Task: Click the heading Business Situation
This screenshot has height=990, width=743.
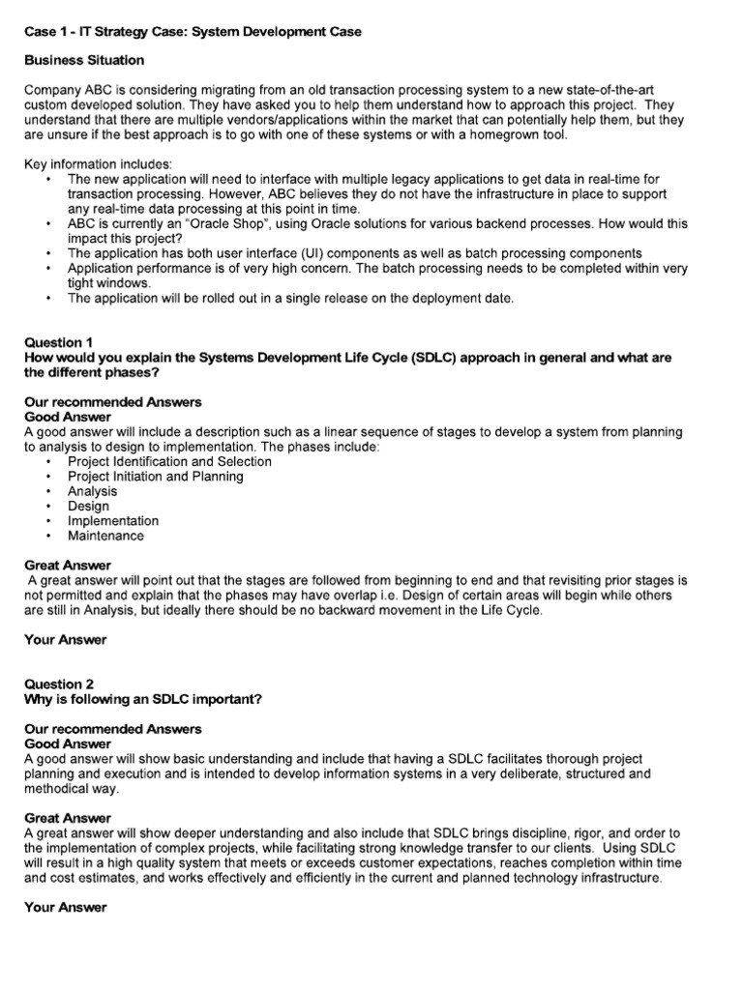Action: pyautogui.click(x=84, y=60)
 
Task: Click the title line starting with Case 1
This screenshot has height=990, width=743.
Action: pyautogui.click(x=193, y=32)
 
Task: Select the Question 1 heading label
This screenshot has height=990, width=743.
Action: pyautogui.click(x=59, y=342)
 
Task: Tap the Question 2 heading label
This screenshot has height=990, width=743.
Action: pyautogui.click(x=59, y=684)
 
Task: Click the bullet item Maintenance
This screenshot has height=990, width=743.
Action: pyautogui.click(x=105, y=536)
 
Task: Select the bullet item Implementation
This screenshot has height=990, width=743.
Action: pyautogui.click(x=113, y=521)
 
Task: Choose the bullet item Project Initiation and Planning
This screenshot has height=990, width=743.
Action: pyautogui.click(x=156, y=477)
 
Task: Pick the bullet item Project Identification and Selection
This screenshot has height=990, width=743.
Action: pyautogui.click(x=169, y=461)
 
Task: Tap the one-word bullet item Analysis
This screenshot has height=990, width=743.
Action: pyautogui.click(x=92, y=491)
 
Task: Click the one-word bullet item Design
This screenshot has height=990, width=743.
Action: pyautogui.click(x=88, y=506)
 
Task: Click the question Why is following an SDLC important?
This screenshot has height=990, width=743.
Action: pyautogui.click(x=141, y=699)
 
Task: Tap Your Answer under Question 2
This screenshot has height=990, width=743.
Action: pyautogui.click(x=65, y=908)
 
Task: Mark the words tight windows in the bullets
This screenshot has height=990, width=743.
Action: pyautogui.click(x=110, y=283)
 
